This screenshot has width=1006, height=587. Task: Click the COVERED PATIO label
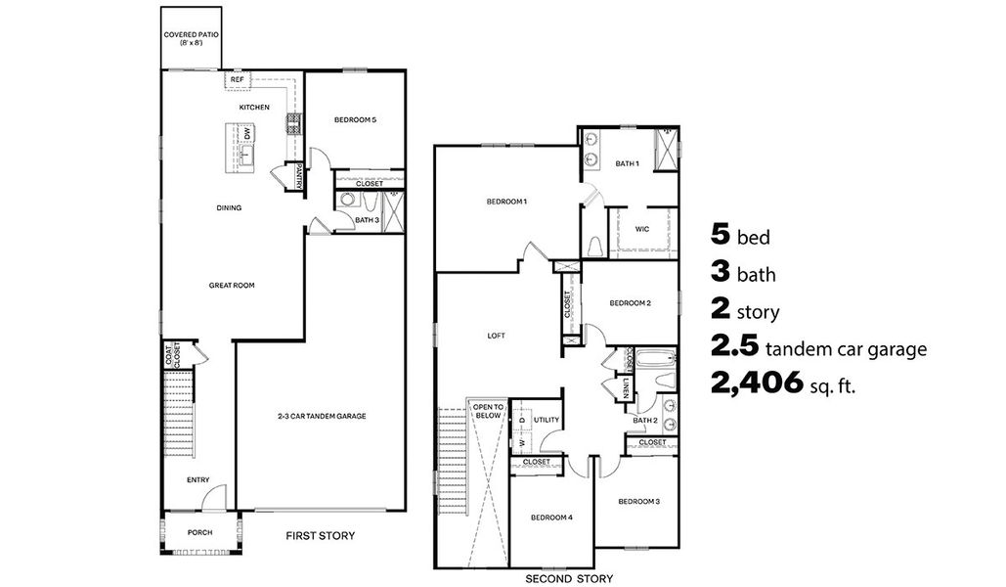pyautogui.click(x=191, y=38)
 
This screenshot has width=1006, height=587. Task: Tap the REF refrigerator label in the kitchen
pyautogui.click(x=237, y=80)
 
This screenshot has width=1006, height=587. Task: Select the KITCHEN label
pyautogui.click(x=254, y=107)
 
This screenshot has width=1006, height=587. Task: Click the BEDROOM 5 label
pyautogui.click(x=355, y=119)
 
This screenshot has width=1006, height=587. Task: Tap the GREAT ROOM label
pyautogui.click(x=232, y=286)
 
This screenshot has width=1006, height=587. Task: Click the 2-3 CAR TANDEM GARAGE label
pyautogui.click(x=322, y=416)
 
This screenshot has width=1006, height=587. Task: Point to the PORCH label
pyautogui.click(x=199, y=533)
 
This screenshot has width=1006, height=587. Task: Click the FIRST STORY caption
pyautogui.click(x=320, y=535)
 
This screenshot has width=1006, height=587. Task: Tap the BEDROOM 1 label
pyautogui.click(x=506, y=202)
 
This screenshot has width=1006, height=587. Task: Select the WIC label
pyautogui.click(x=641, y=229)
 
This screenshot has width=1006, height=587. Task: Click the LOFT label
pyautogui.click(x=496, y=335)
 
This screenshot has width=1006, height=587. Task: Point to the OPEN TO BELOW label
pyautogui.click(x=487, y=411)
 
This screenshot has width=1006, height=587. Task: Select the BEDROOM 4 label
pyautogui.click(x=551, y=518)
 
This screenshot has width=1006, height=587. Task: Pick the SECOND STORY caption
pyautogui.click(x=569, y=578)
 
